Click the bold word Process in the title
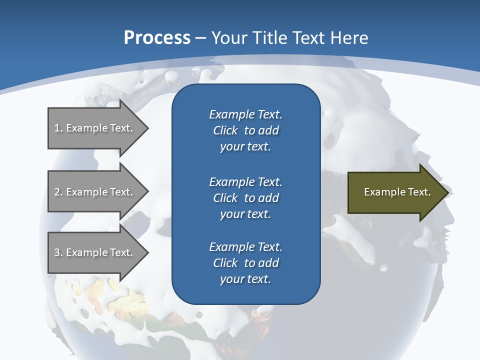(x=157, y=38)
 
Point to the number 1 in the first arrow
(x=57, y=128)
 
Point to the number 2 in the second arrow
(x=57, y=192)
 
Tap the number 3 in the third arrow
(x=57, y=252)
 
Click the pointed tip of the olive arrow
(x=447, y=192)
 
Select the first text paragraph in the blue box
(x=245, y=130)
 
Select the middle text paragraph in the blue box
(x=245, y=197)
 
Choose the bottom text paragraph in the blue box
(x=245, y=263)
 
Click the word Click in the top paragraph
(x=225, y=130)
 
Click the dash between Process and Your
(x=200, y=38)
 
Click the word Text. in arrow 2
(x=121, y=192)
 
